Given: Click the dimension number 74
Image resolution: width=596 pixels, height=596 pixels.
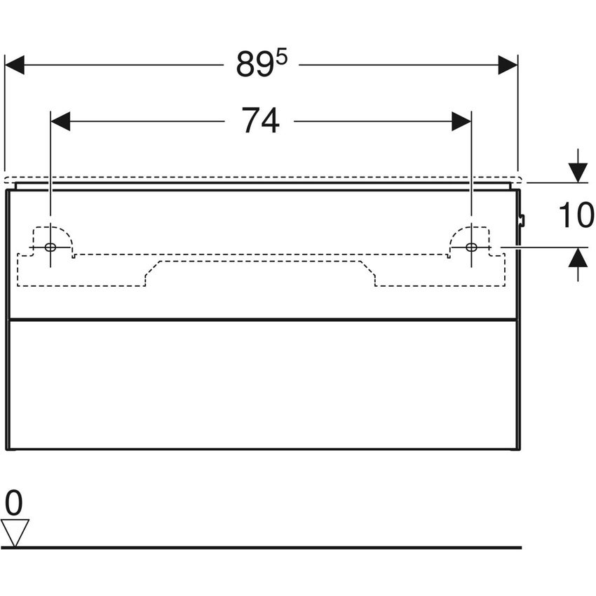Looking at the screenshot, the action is pyautogui.click(x=261, y=121).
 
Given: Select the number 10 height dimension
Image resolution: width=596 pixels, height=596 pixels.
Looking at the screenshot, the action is pyautogui.click(x=576, y=215).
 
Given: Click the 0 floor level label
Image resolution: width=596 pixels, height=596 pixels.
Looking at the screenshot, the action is pyautogui.click(x=14, y=503).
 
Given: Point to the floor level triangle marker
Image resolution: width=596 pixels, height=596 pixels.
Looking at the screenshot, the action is pyautogui.click(x=15, y=533).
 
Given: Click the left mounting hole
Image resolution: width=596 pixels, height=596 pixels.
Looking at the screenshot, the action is pyautogui.click(x=50, y=248).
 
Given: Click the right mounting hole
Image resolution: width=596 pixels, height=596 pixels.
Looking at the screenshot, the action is pyautogui.click(x=471, y=248).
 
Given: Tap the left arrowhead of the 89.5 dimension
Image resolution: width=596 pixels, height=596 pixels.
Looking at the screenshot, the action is pyautogui.click(x=15, y=65).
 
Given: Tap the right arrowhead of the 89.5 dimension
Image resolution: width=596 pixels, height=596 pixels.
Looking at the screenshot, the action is pyautogui.click(x=508, y=65).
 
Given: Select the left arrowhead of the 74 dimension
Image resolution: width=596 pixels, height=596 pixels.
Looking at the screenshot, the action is pyautogui.click(x=60, y=121).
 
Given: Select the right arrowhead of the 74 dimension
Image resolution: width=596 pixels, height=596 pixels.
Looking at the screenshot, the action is pyautogui.click(x=461, y=121).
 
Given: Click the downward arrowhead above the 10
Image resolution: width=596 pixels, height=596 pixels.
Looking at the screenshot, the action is pyautogui.click(x=578, y=172).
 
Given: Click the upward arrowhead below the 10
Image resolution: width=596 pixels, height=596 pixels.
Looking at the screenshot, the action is pyautogui.click(x=578, y=257).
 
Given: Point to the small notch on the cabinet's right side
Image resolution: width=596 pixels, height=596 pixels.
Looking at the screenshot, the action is pyautogui.click(x=522, y=220).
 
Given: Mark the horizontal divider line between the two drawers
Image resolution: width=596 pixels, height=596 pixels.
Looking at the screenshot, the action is pyautogui.click(x=263, y=320).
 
